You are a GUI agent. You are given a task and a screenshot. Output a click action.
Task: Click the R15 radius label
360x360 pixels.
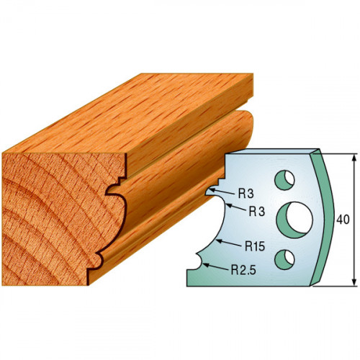[255, 246]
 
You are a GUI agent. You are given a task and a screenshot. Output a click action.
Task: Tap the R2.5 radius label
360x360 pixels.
[243, 270]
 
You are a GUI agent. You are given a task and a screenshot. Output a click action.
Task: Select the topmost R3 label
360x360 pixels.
[246, 194]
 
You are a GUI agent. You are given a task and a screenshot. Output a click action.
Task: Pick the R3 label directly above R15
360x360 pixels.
[257, 212]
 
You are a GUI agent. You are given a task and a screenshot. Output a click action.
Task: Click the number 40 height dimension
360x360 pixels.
[343, 220]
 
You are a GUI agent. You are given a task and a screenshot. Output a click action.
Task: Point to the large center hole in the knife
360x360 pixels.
[294, 220]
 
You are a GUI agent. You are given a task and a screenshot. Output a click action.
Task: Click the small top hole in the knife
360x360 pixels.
[284, 180]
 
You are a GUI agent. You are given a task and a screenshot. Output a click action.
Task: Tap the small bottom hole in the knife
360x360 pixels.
[284, 259]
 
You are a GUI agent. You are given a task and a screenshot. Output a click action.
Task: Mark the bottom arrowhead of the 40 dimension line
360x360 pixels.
[354, 282]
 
